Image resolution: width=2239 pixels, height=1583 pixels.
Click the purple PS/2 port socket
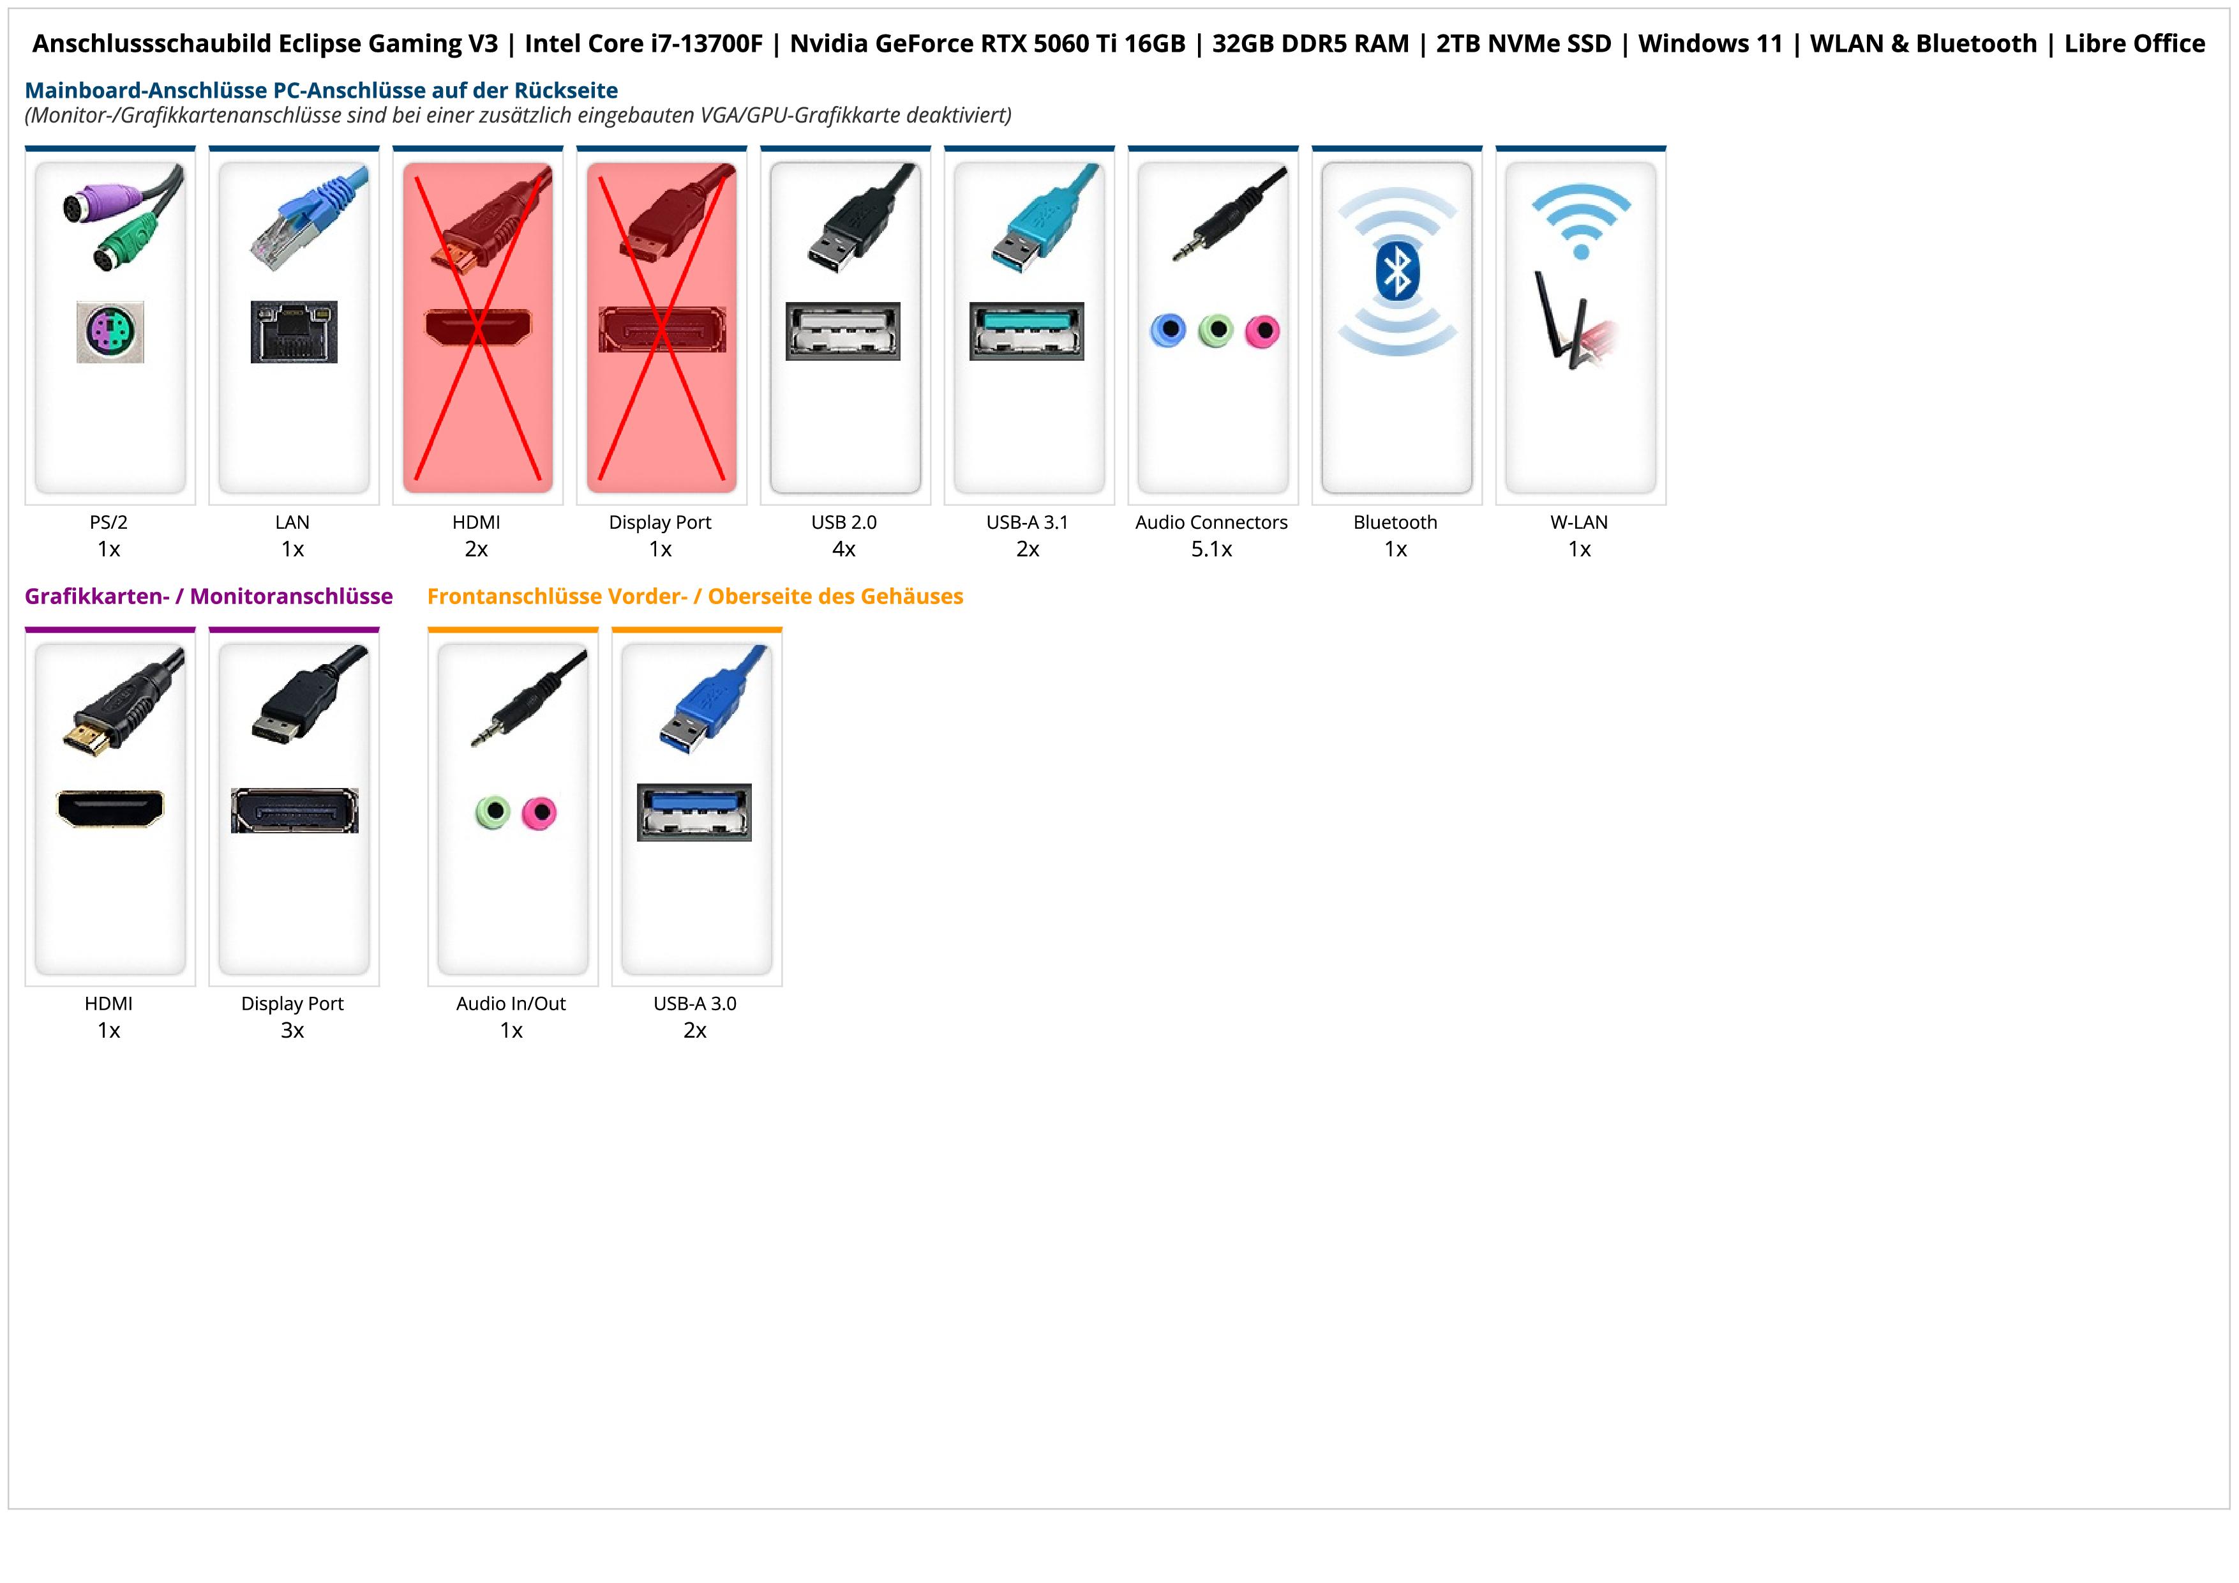click(110, 331)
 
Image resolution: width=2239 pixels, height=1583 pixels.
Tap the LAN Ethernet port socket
click(294, 331)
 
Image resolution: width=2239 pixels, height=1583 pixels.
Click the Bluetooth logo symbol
click(1397, 271)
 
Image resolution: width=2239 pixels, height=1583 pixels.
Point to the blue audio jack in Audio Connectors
click(1168, 331)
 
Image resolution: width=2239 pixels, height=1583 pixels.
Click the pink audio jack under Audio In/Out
click(538, 812)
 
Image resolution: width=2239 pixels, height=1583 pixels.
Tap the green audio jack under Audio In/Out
click(493, 812)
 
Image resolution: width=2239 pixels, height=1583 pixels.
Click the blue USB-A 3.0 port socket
click(694, 812)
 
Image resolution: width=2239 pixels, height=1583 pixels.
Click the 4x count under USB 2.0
click(844, 549)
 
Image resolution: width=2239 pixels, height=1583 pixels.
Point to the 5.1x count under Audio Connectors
click(1211, 549)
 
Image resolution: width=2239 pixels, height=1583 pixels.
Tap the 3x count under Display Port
click(292, 1030)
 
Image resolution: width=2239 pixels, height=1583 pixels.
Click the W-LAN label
click(1579, 522)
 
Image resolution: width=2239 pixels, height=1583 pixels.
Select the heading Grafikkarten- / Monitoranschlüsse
click(209, 596)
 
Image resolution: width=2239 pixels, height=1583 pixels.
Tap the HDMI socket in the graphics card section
click(110, 808)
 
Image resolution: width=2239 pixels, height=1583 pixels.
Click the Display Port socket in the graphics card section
click(294, 810)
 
